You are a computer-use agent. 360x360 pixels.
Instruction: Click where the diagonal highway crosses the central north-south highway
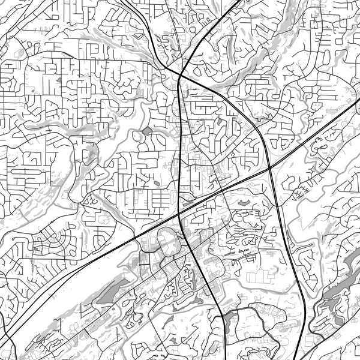181,211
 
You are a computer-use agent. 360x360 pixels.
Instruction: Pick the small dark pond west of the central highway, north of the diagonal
148,130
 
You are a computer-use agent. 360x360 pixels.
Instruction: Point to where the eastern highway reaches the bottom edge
310,359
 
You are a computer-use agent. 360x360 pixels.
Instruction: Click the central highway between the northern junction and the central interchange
181,144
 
